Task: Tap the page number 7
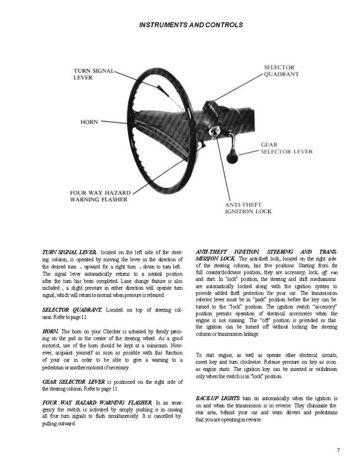coord(338,450)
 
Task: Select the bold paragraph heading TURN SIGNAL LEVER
coord(70,252)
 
